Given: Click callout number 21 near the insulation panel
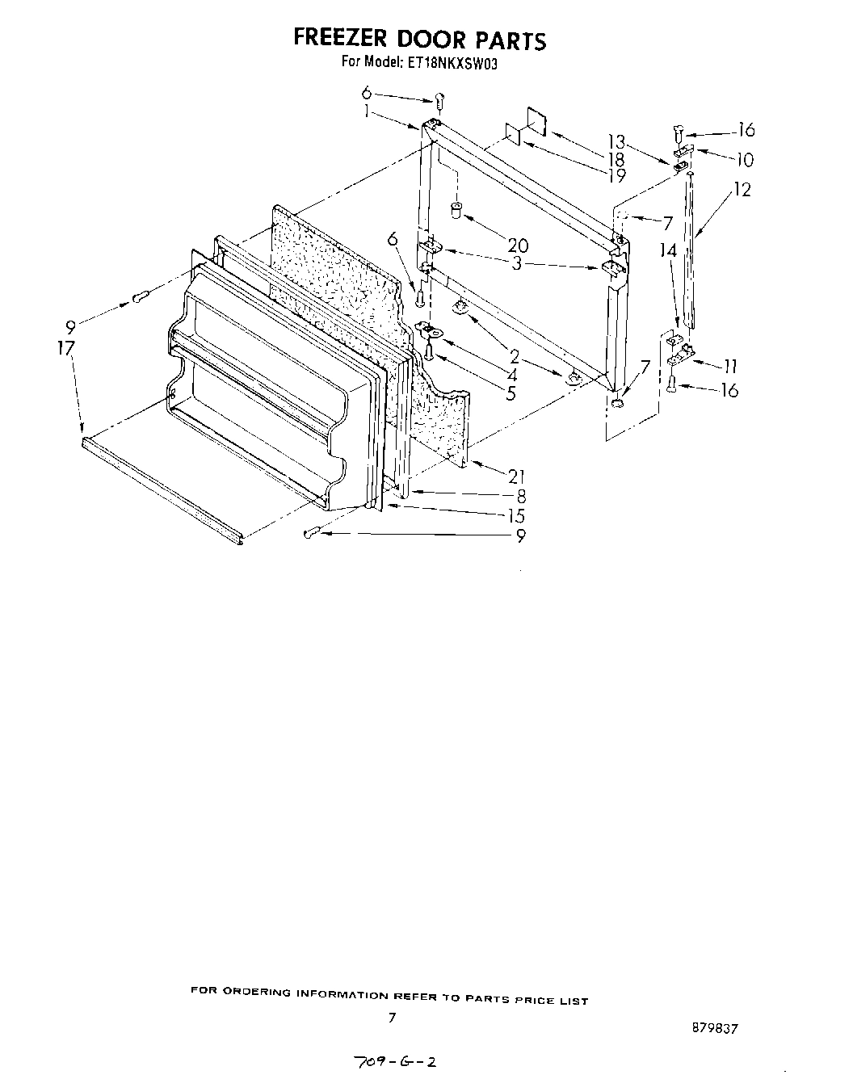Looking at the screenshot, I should click(516, 477).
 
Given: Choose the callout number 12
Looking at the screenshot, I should click(742, 190).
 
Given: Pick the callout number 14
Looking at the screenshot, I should click(667, 251).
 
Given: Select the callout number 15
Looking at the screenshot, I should click(516, 516).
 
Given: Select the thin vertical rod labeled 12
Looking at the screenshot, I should click(689, 250).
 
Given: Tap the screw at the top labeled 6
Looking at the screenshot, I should click(439, 101).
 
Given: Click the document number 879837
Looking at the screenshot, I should click(715, 1028).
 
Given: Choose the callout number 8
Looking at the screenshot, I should click(521, 498).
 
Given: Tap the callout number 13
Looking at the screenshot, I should click(616, 145).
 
